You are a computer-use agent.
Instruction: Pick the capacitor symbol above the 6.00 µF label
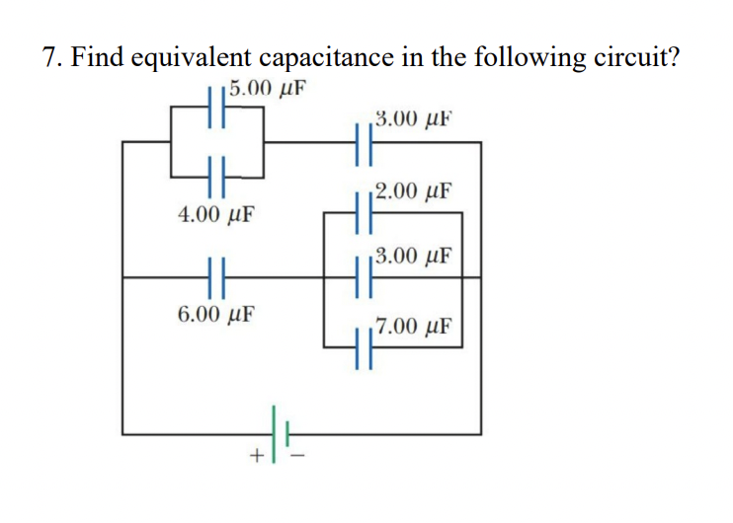click(217, 278)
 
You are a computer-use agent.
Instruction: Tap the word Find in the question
click(102, 57)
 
